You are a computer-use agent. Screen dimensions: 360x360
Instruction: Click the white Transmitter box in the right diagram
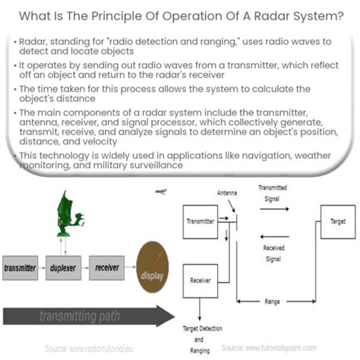pyautogui.click(x=201, y=223)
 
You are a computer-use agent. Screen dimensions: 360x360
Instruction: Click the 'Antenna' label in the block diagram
pyautogui.click(x=228, y=192)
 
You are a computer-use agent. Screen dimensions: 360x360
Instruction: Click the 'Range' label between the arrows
pyautogui.click(x=272, y=302)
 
